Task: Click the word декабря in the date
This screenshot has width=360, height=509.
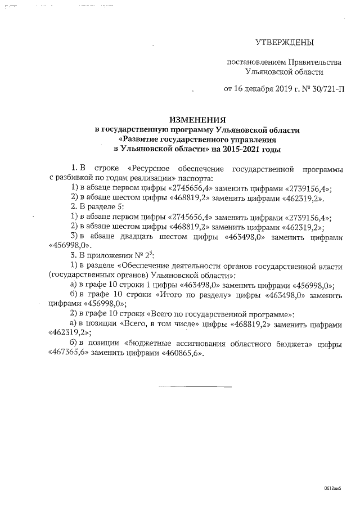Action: pyautogui.click(x=256, y=88)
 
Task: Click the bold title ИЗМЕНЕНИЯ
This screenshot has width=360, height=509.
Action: pyautogui.click(x=197, y=120)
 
